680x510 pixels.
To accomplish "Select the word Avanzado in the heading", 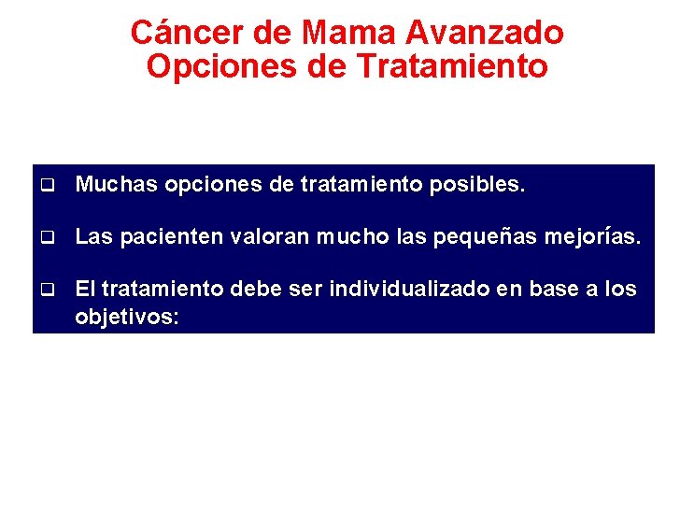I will [486, 33].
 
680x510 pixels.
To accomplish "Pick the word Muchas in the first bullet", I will [116, 185].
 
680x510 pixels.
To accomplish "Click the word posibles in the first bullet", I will [477, 185].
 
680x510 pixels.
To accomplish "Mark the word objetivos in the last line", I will [126, 317].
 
